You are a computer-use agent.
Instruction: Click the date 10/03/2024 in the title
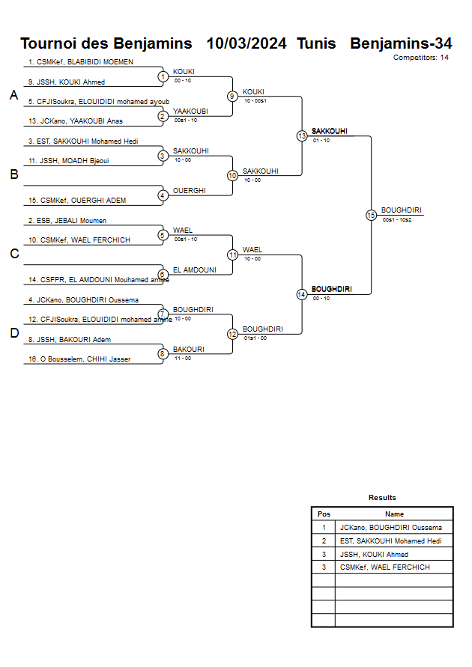coord(246,43)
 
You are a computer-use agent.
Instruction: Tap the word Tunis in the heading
coord(316,43)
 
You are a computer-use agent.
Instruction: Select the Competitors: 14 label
coord(421,57)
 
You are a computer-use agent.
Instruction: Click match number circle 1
coord(163,76)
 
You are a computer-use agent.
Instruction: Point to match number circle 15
coord(371,215)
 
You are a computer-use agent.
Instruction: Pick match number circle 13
coord(302,136)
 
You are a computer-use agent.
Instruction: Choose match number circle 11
coord(232,255)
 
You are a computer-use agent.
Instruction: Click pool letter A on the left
coord(13,96)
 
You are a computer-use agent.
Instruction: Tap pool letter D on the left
coord(13,333)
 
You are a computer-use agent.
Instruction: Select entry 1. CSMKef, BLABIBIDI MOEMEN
coord(81,62)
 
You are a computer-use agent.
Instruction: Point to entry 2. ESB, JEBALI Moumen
coord(67,221)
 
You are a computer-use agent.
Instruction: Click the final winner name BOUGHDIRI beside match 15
coord(401,210)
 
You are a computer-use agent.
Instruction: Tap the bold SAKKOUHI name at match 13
coord(330,131)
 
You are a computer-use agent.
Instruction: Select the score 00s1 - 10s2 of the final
coord(397,219)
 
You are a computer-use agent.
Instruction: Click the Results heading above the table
coord(382,498)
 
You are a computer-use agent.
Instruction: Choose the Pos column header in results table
coord(324,514)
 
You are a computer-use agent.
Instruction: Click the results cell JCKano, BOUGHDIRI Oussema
coord(390,528)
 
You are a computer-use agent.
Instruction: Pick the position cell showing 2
coord(324,540)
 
